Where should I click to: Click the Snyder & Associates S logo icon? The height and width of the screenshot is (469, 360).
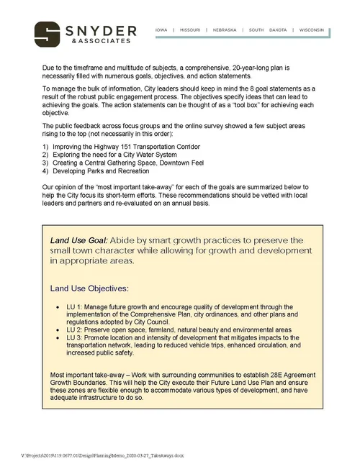click(48, 33)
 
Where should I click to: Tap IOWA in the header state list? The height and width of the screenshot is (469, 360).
click(161, 30)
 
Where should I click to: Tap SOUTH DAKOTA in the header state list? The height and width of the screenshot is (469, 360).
click(266, 30)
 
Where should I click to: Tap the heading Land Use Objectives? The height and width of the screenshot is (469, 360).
click(89, 288)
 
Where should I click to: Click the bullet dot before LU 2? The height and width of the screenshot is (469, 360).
click(58, 329)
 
